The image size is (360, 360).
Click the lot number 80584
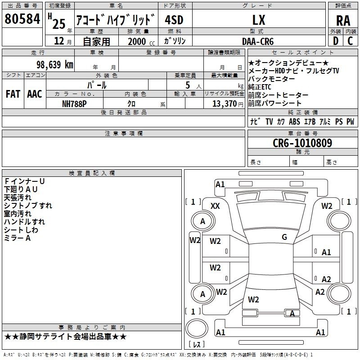22,19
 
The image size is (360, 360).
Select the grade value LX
259,20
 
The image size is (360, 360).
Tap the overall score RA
343,21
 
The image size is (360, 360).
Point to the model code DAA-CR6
258,41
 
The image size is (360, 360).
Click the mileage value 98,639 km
55,64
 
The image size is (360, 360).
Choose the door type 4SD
174,20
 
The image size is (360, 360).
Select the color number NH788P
74,104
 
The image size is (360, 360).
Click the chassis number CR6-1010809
302,143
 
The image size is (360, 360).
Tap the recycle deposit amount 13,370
224,104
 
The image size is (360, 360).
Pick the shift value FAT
13,94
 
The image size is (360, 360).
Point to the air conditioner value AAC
35,94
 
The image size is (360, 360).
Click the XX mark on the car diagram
215,206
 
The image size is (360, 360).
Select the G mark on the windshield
284,237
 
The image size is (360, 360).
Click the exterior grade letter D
336,41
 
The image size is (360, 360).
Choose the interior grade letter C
350,41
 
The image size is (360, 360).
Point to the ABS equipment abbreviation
294,121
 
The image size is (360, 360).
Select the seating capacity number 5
188,85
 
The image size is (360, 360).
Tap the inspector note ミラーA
18,238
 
